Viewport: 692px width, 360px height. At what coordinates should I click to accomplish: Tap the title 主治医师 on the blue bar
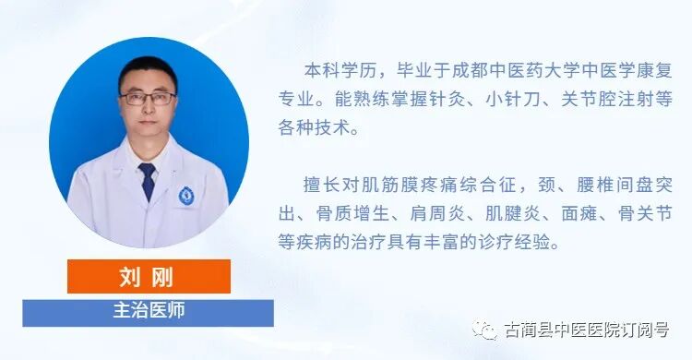[x=148, y=310]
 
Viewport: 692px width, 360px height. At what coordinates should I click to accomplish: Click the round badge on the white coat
[x=186, y=196]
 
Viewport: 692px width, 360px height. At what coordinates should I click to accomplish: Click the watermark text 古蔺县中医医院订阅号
[x=587, y=330]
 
